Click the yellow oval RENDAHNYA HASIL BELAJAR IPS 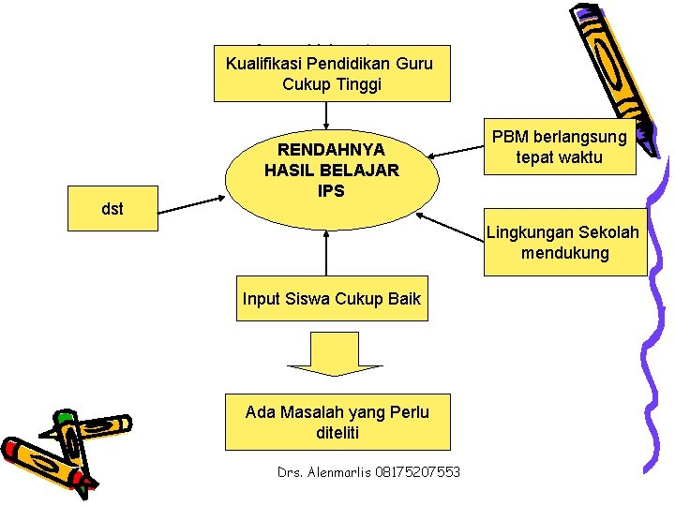[x=332, y=178]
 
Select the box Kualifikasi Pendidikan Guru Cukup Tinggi [x=332, y=73]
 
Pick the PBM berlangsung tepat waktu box [x=560, y=148]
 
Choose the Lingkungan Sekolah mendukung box [x=564, y=243]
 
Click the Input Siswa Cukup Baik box [x=332, y=300]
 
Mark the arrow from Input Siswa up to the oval [x=327, y=253]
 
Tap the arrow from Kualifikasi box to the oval [x=327, y=114]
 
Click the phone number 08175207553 [x=419, y=471]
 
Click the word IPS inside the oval [x=331, y=190]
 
